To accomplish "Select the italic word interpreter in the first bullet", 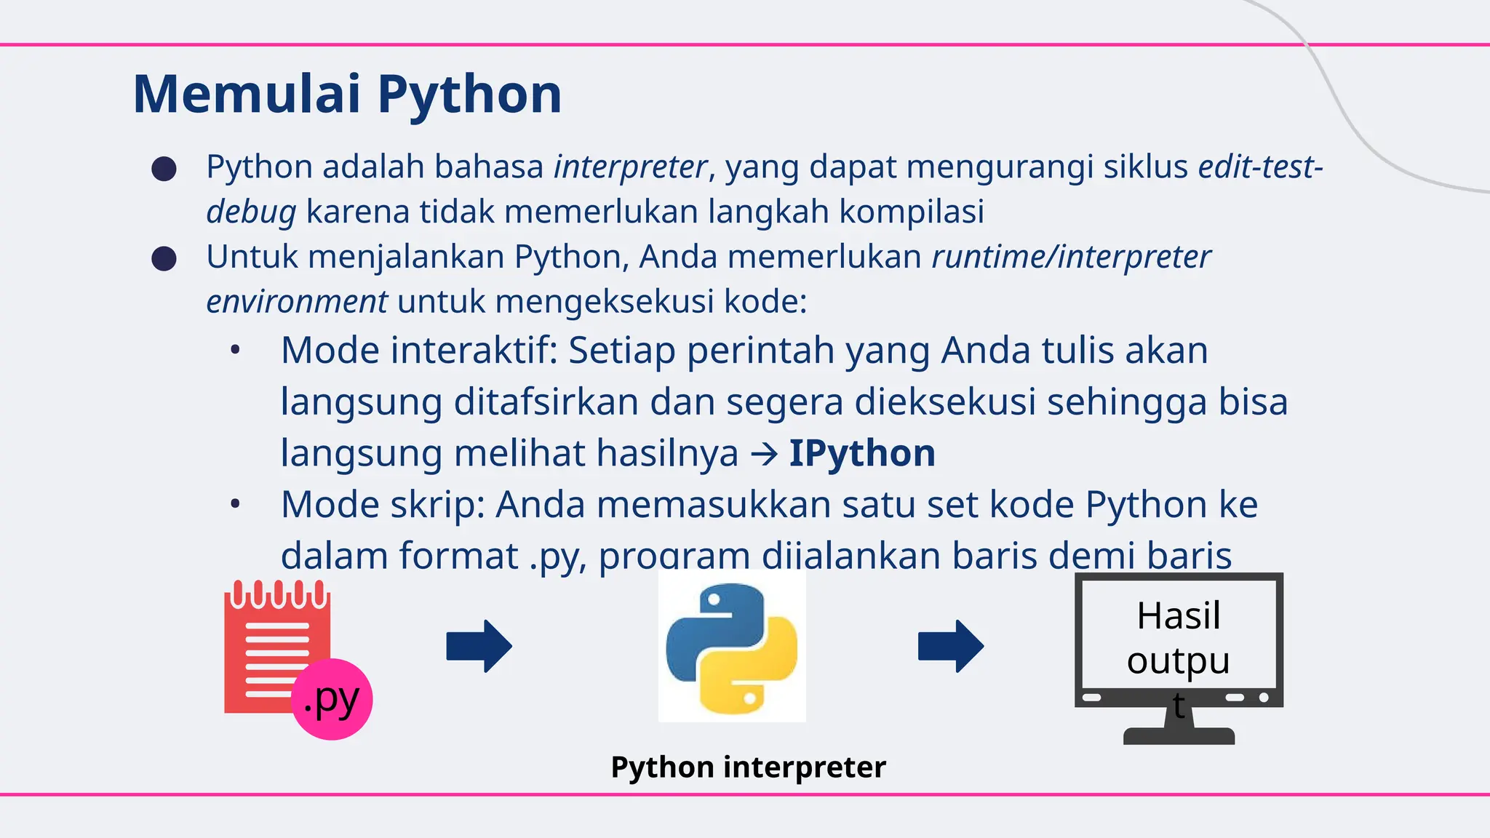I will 630,167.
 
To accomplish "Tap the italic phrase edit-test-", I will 1260,167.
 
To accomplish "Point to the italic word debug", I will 251,212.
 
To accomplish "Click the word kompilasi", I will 912,212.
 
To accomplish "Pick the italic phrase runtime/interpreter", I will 1071,257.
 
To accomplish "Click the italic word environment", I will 297,302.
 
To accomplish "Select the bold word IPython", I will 862,453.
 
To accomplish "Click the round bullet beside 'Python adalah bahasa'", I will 164,169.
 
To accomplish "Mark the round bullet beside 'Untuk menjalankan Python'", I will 164,259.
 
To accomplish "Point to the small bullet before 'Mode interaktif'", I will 234,351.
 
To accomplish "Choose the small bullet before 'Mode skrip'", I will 234,505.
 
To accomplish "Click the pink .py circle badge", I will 332,699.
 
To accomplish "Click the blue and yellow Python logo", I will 732,646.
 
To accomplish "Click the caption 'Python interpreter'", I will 748,767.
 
